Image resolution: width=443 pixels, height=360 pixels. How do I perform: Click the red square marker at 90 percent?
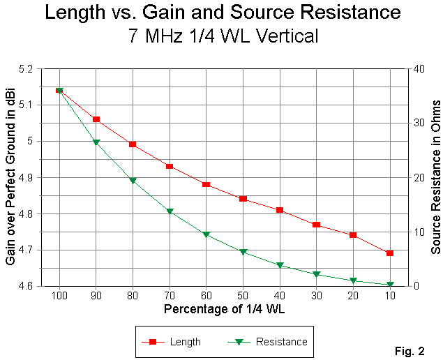(x=96, y=119)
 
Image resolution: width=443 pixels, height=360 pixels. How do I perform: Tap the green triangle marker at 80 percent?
(x=133, y=181)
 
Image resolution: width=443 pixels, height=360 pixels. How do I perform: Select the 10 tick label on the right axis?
(x=416, y=231)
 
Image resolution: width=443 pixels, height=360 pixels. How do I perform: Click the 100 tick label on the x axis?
(x=59, y=295)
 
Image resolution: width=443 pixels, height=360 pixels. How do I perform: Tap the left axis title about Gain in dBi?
(x=10, y=177)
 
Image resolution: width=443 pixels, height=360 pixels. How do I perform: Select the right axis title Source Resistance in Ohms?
(x=435, y=177)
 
